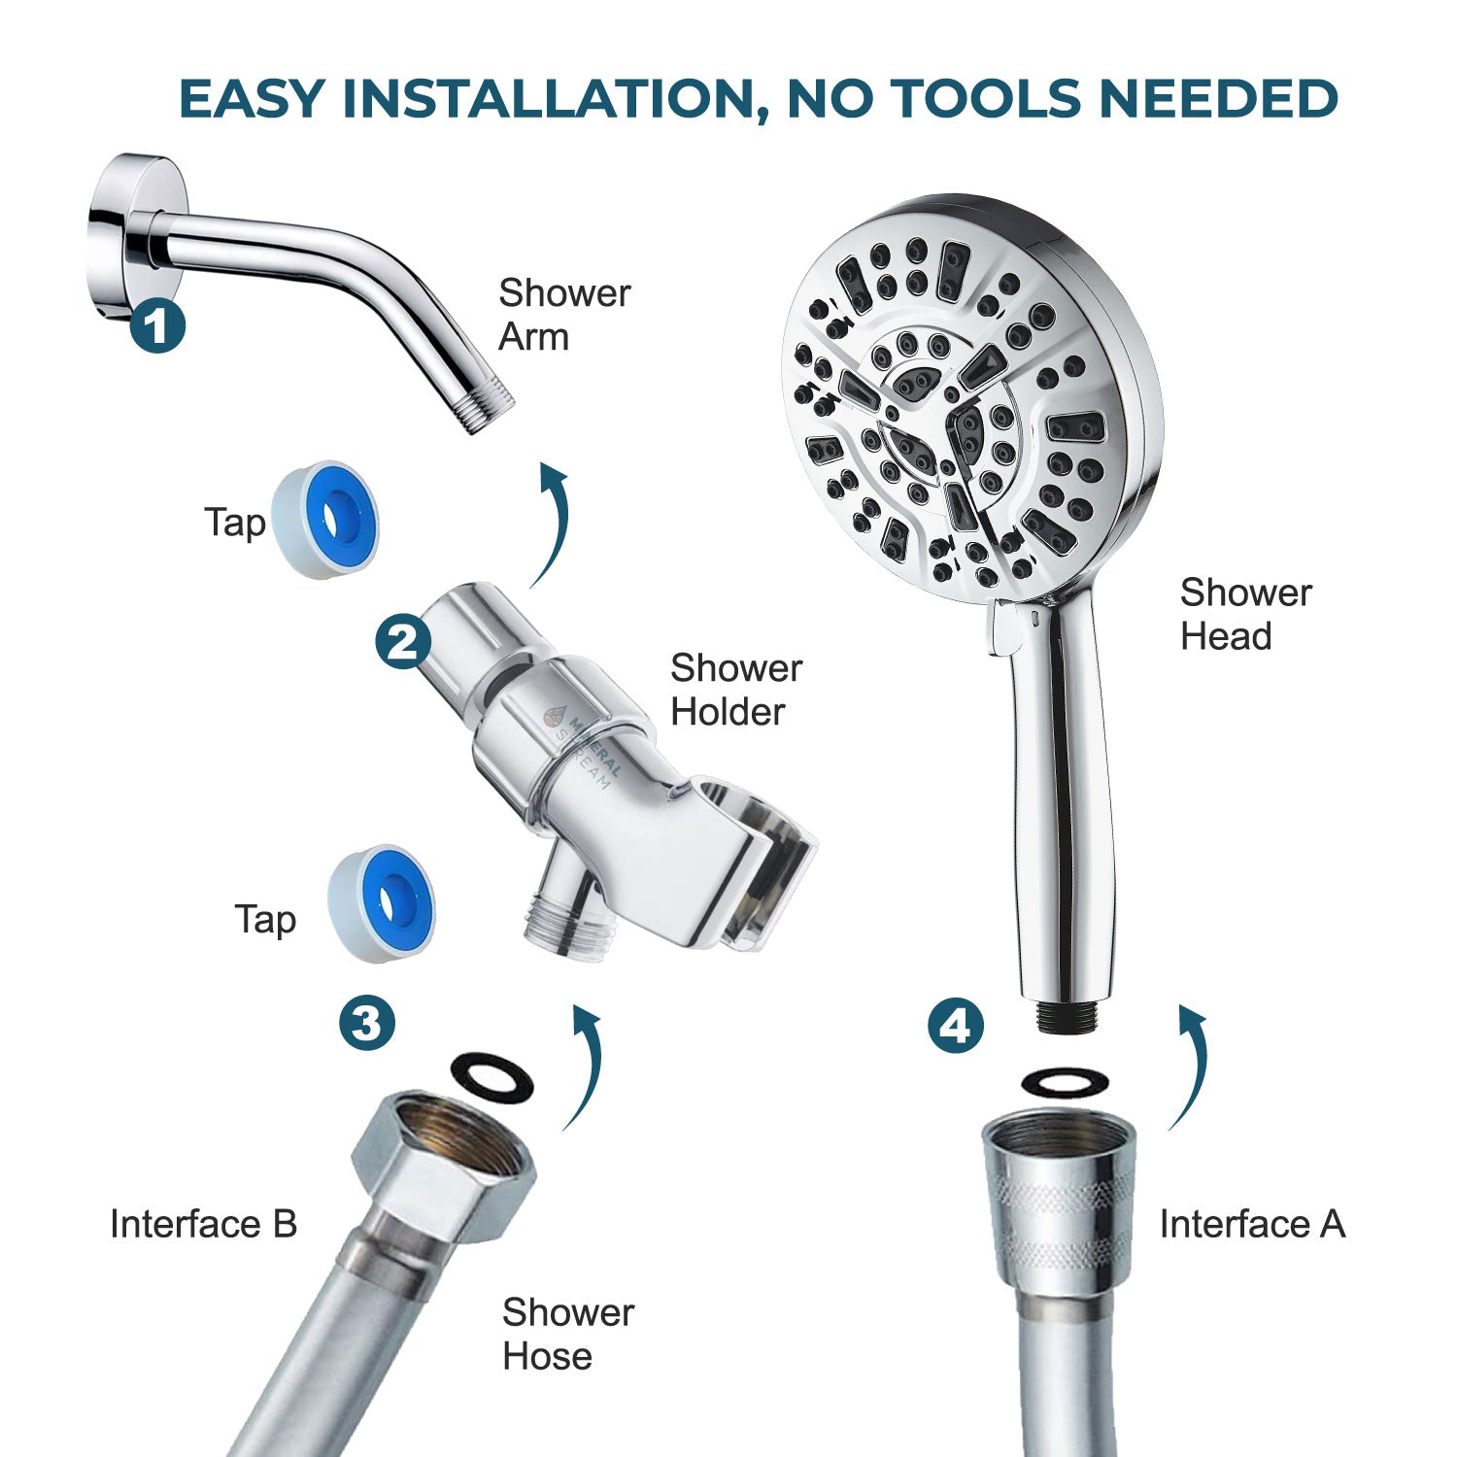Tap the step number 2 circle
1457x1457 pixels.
point(403,641)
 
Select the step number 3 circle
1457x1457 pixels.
point(367,1023)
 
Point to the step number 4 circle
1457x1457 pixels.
point(956,1025)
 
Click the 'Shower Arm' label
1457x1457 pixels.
point(563,315)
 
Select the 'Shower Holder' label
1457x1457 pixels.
point(735,690)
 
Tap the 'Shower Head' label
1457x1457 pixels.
point(1245,614)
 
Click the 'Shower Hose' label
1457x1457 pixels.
point(567,1334)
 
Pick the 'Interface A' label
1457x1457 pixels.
point(1252,1224)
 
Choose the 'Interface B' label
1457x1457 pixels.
point(203,1224)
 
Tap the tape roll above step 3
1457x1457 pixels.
point(382,903)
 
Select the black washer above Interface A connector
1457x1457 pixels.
point(1065,1082)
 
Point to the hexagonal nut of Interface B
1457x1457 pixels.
point(442,1161)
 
